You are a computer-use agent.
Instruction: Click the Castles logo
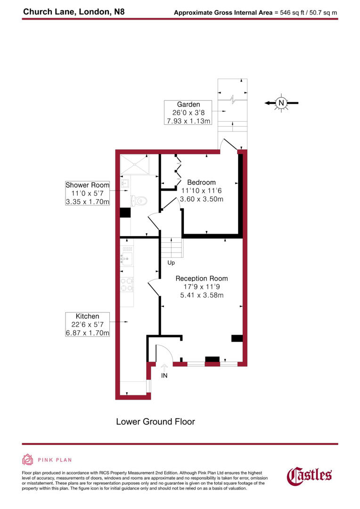[x=310, y=475]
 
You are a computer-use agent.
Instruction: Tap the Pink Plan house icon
[x=27, y=460]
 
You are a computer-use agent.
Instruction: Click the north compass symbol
[x=281, y=103]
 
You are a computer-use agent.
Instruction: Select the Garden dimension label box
[x=188, y=113]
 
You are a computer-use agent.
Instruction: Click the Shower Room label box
[x=87, y=193]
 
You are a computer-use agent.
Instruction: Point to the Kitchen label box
[x=87, y=324]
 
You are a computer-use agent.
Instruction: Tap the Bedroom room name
[x=201, y=182]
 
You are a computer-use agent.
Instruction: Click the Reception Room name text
[x=202, y=279]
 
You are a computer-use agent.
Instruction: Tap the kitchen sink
[x=126, y=258]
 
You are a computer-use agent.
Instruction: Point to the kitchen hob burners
[x=126, y=284]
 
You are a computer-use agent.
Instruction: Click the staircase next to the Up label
[x=171, y=246]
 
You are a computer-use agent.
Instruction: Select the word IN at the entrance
[x=164, y=376]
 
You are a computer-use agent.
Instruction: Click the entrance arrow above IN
[x=164, y=366]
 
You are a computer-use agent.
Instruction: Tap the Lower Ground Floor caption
[x=155, y=421]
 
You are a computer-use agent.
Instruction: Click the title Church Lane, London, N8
[x=74, y=10]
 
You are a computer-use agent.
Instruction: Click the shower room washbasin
[x=126, y=183]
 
